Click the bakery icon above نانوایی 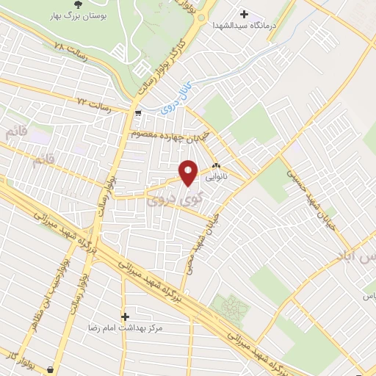click(x=217, y=167)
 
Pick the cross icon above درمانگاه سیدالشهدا click(x=245, y=13)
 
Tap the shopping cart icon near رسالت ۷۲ click(x=139, y=113)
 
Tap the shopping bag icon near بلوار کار click(x=50, y=369)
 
